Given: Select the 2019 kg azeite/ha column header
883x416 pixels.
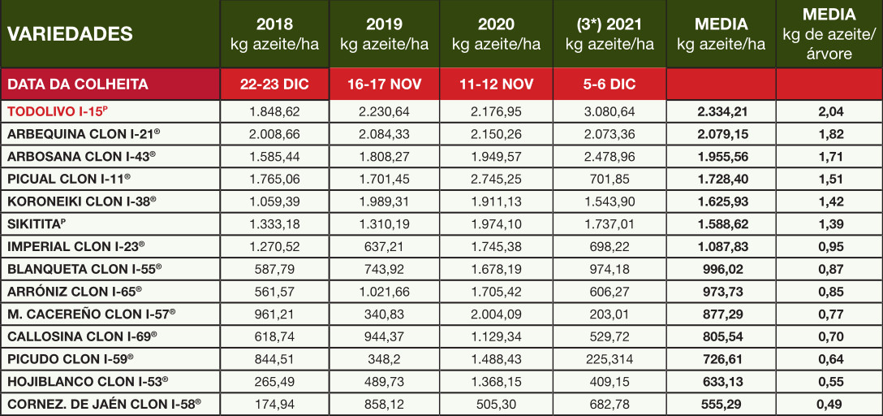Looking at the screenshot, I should [x=384, y=34].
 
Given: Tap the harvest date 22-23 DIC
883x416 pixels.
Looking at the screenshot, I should [x=274, y=84].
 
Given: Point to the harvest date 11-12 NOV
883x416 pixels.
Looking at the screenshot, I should [x=496, y=84].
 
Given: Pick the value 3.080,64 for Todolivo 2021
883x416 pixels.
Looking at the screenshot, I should [x=608, y=111].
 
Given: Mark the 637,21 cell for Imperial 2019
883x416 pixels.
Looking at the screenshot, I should [x=384, y=245].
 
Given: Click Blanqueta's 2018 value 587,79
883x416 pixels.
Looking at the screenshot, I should [x=274, y=267].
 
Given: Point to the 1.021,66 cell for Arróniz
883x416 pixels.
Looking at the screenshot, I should [x=384, y=290].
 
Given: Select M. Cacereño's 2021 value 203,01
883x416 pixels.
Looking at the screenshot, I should [x=608, y=313].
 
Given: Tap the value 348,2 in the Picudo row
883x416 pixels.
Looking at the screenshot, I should [x=384, y=357].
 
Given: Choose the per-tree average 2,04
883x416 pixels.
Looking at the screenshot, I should [x=829, y=111].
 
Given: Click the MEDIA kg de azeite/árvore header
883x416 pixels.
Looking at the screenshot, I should [x=829, y=34].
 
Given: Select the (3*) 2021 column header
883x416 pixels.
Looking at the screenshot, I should [x=608, y=34].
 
